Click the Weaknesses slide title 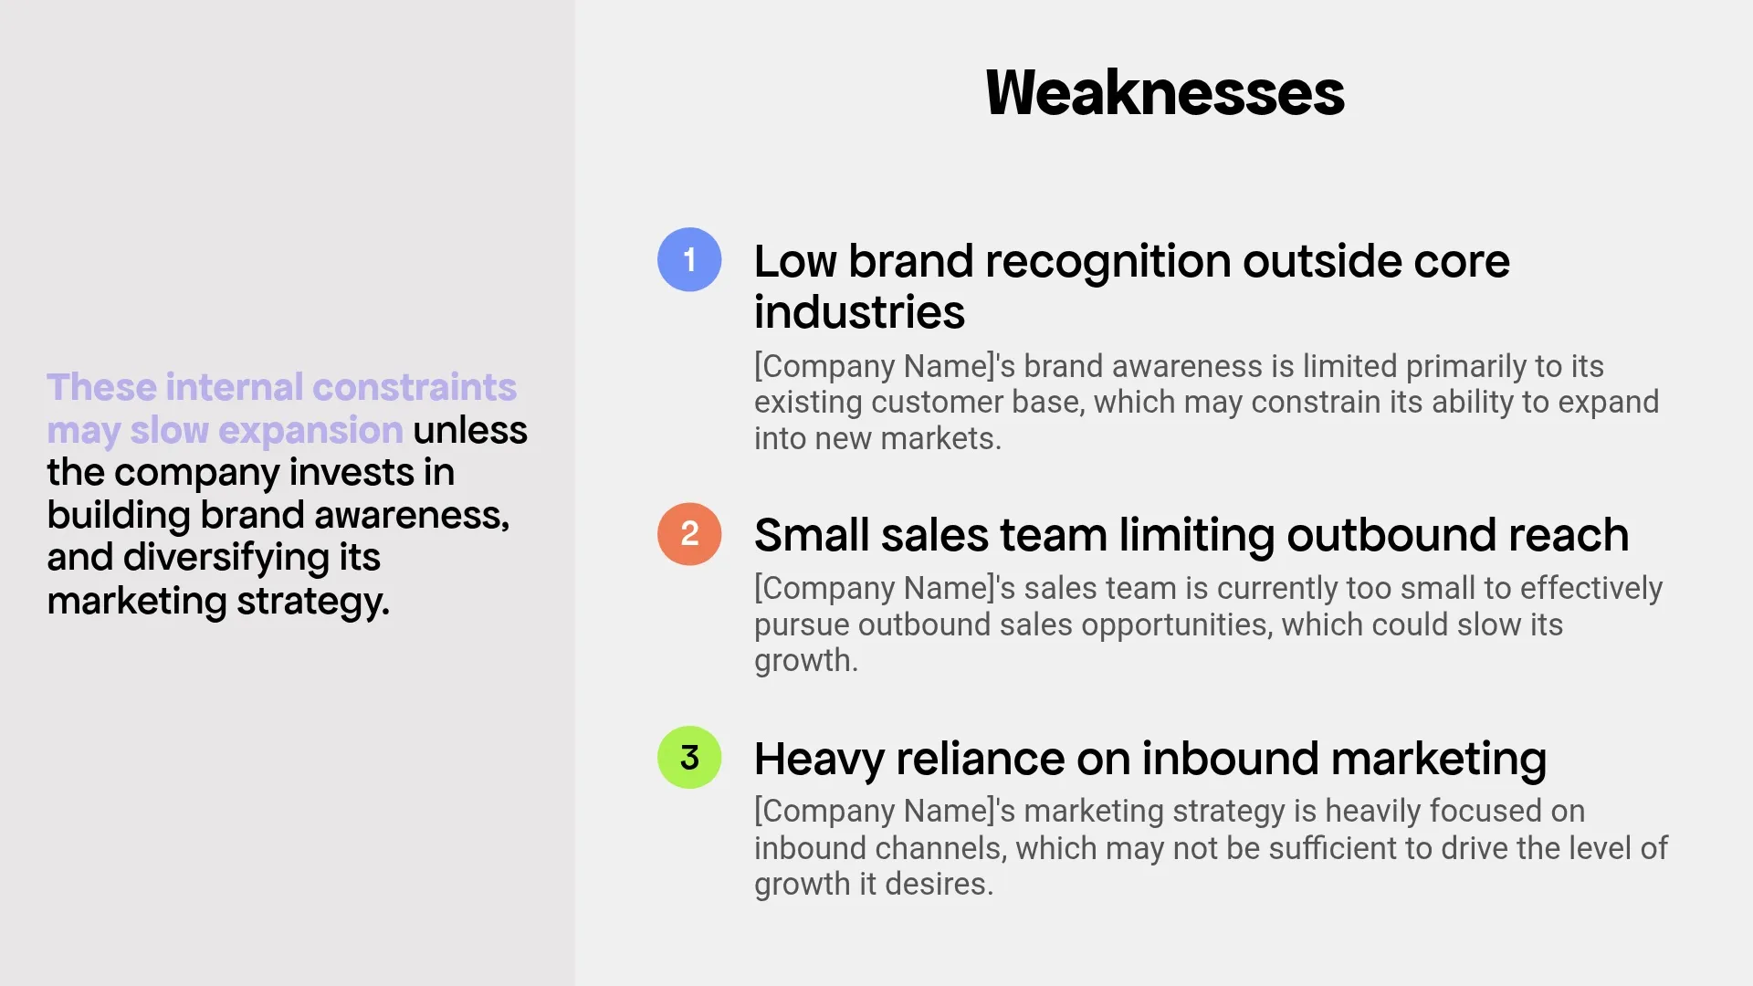(x=1164, y=93)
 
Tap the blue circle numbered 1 (x=689, y=259)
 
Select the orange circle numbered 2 (x=689, y=534)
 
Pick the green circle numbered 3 (x=689, y=757)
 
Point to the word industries (x=859, y=312)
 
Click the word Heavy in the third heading (x=818, y=760)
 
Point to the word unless (x=469, y=430)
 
